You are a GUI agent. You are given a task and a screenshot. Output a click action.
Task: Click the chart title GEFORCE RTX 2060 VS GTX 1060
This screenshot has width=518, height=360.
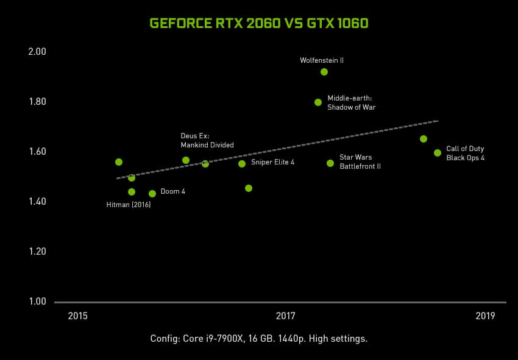tap(259, 23)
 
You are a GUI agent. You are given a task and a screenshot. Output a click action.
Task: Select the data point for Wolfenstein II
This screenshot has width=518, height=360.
tap(324, 72)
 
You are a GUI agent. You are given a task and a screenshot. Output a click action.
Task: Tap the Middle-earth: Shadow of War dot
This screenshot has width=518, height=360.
tap(318, 102)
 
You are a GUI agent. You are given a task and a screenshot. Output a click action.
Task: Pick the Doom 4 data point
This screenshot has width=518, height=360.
tap(152, 194)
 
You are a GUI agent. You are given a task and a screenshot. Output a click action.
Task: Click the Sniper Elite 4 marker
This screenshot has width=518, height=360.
tap(242, 163)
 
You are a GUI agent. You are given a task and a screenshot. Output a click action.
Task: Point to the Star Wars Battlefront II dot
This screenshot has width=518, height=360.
tap(330, 163)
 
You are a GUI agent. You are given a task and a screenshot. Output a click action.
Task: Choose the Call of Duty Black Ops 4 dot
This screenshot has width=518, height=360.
tap(438, 153)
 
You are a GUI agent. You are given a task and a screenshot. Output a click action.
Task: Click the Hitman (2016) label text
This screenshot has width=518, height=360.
tap(129, 205)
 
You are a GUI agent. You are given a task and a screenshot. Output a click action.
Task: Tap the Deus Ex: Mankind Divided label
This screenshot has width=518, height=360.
tap(207, 140)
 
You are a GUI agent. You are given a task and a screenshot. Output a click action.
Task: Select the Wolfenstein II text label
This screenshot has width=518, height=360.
tap(322, 60)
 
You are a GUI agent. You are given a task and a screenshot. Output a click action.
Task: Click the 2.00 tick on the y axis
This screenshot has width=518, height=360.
tap(38, 52)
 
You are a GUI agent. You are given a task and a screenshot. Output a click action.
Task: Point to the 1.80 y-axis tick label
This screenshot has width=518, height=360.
tap(38, 102)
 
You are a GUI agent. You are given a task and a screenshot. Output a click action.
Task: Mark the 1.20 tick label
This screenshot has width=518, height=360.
tap(38, 252)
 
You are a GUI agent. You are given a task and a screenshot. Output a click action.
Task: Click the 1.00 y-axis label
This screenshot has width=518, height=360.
tap(38, 302)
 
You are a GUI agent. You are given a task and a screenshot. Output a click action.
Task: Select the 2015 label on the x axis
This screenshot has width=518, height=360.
tap(78, 316)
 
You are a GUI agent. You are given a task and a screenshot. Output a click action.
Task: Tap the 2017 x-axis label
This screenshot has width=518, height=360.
tap(285, 316)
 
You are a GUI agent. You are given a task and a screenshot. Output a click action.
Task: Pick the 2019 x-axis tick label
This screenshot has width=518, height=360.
tap(485, 316)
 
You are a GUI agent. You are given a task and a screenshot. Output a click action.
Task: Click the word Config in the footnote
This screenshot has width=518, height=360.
tap(164, 339)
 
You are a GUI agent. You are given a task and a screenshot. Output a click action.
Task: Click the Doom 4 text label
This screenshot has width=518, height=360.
tap(173, 191)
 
